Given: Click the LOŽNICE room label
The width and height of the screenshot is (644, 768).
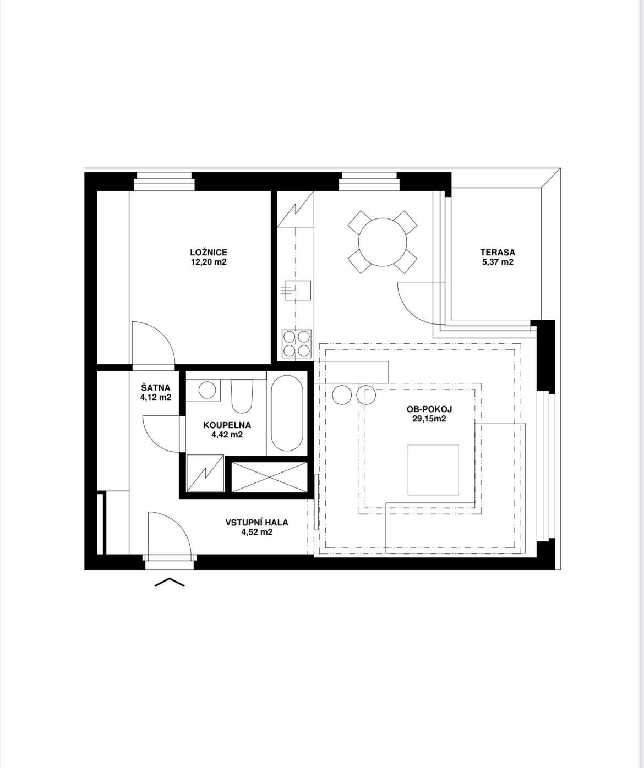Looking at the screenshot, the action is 209,253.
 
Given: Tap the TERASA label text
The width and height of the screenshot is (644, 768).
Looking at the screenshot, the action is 497,253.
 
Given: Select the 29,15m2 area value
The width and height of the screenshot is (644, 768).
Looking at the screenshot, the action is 429,419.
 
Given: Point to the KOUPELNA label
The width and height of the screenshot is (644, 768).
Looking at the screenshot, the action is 227,425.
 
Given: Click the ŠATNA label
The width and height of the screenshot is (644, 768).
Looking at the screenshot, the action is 156,388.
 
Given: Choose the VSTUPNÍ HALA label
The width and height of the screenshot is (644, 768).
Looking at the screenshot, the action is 257,522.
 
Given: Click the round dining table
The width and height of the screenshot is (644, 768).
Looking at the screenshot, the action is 383,242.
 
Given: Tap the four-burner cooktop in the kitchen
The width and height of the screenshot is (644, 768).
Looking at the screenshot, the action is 297,343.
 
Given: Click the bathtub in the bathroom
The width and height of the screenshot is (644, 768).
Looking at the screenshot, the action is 287,413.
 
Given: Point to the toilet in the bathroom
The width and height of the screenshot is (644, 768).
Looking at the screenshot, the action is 242,396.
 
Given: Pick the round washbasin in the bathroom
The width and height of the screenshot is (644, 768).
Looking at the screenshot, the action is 207,390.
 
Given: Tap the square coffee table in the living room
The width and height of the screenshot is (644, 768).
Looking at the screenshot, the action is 433,470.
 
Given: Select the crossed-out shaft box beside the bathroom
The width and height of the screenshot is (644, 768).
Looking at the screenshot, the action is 269,477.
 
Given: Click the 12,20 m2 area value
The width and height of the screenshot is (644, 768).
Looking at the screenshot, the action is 209,262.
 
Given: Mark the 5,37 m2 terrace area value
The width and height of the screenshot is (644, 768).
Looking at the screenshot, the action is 498,262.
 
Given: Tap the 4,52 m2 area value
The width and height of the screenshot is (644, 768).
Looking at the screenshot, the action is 257,532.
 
